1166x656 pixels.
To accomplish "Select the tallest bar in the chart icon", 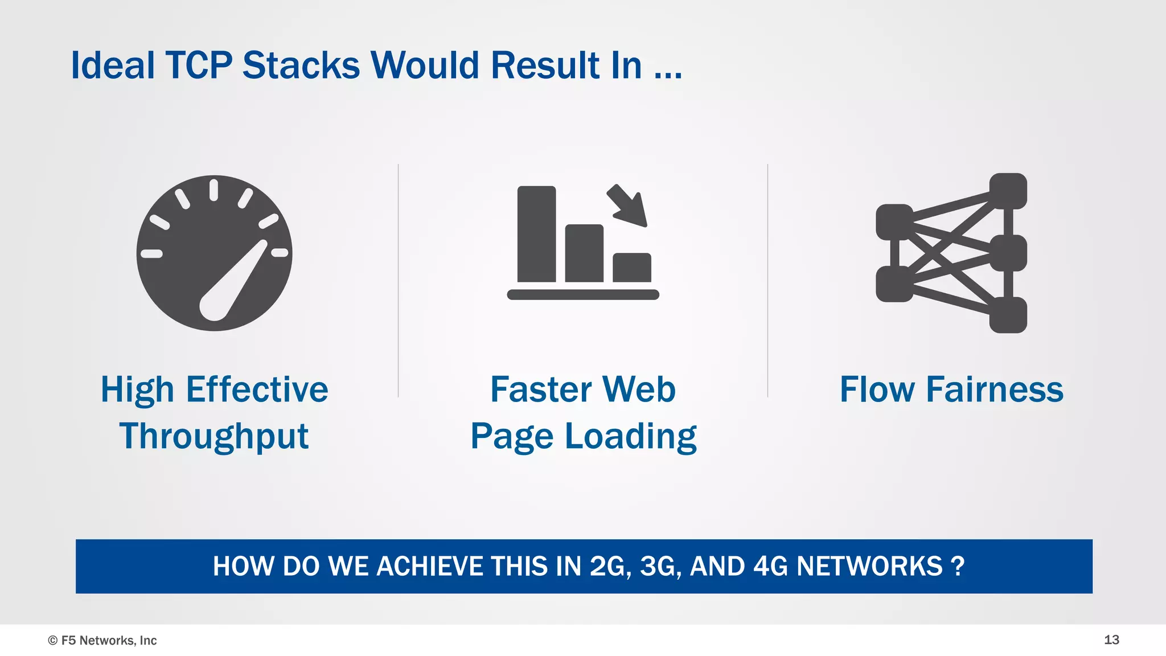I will [536, 234].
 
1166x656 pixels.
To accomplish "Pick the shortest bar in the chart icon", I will [631, 267].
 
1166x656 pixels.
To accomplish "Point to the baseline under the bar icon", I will [583, 294].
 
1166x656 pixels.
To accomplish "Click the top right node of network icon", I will [1008, 191].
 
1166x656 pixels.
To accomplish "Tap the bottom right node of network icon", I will [1008, 315].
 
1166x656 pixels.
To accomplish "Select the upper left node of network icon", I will [894, 222].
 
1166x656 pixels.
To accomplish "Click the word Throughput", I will [214, 437].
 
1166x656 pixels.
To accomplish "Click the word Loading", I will [630, 437].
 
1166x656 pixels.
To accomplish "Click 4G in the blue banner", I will [770, 566].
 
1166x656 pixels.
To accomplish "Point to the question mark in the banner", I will [958, 566].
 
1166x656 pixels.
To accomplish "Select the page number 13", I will [1111, 639].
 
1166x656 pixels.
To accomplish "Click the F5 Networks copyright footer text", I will [102, 640].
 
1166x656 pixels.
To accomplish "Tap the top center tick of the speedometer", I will [214, 190].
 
